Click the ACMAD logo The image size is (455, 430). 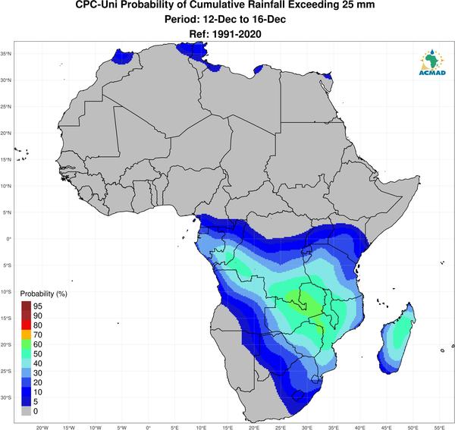click(432, 62)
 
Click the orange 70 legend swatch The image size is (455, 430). click(26, 335)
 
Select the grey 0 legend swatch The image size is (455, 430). click(26, 411)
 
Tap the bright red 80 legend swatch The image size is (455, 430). click(26, 325)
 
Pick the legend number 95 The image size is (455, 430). click(38, 306)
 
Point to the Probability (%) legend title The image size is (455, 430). click(43, 294)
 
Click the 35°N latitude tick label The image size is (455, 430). click(6, 54)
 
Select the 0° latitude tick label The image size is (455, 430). click(9, 239)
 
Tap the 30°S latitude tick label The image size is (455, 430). click(6, 397)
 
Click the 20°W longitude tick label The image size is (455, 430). click(42, 428)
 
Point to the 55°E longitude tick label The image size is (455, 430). click(439, 428)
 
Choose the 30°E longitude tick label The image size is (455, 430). click(307, 428)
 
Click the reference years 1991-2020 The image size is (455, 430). click(237, 34)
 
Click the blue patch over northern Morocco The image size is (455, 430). click(123, 57)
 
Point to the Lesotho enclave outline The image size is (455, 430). click(297, 395)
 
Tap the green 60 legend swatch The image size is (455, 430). click(26, 344)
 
